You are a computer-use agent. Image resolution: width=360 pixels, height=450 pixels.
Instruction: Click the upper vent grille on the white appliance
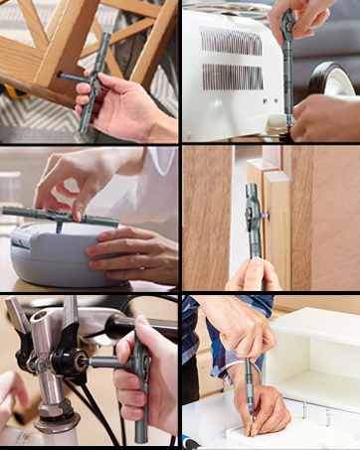(235, 41)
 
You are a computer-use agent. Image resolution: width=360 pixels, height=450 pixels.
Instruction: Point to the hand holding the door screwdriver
(255, 275)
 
